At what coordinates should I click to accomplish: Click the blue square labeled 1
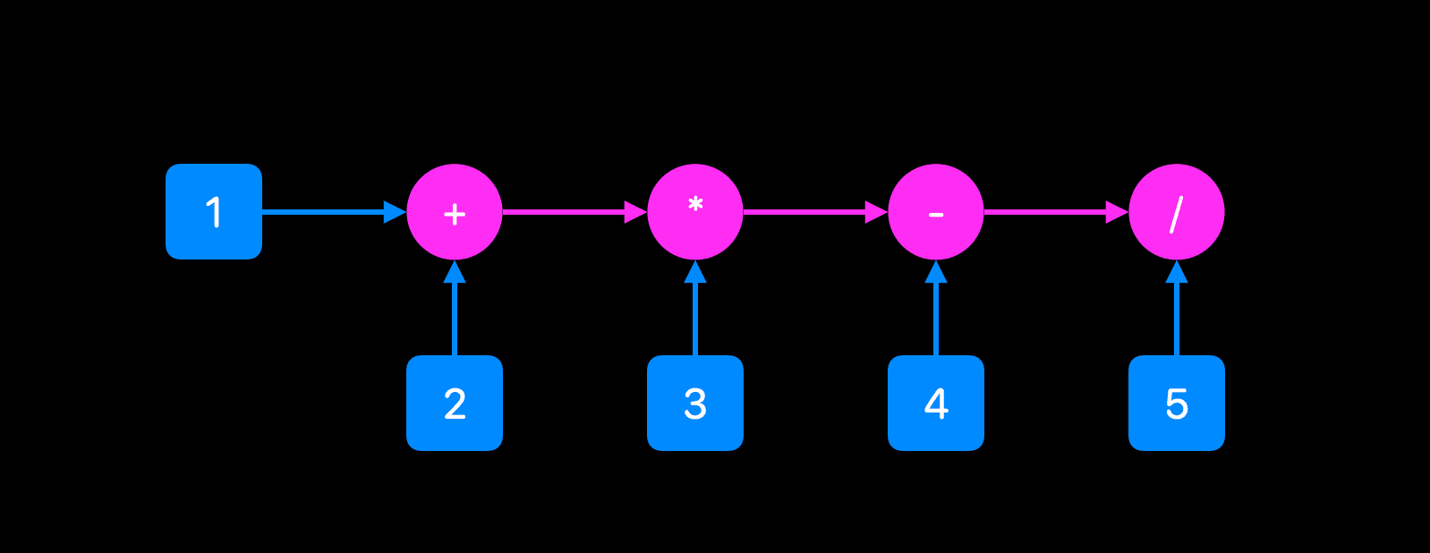[x=214, y=212]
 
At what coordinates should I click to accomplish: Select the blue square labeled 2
[x=455, y=403]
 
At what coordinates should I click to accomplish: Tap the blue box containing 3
[x=695, y=403]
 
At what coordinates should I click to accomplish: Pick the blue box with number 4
[x=936, y=403]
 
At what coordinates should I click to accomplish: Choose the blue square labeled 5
[x=1177, y=403]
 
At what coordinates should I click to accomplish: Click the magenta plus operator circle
[x=455, y=212]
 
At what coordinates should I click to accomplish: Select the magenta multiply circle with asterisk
[x=695, y=212]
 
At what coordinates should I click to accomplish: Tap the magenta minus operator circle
[x=936, y=212]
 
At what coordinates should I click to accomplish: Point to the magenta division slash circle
[x=1177, y=212]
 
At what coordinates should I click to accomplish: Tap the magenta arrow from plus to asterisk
[x=568, y=212]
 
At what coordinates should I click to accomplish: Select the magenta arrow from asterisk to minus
[x=809, y=212]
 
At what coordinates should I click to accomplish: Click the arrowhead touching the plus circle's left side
[x=395, y=212]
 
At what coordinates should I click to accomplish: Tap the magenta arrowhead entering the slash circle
[x=1117, y=212]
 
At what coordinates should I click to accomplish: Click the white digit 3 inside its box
[x=695, y=404]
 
